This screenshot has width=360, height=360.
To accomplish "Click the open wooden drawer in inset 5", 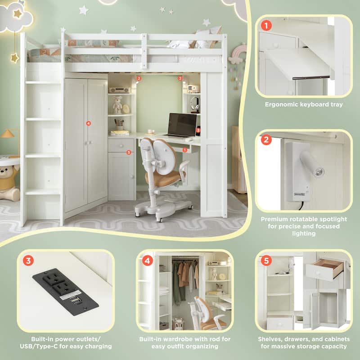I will tap(325, 269).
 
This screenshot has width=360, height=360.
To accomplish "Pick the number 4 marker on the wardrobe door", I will tap(88, 122).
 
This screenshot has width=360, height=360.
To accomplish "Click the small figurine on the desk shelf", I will tap(117, 106).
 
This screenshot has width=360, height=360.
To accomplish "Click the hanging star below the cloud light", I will tap(14, 58).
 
